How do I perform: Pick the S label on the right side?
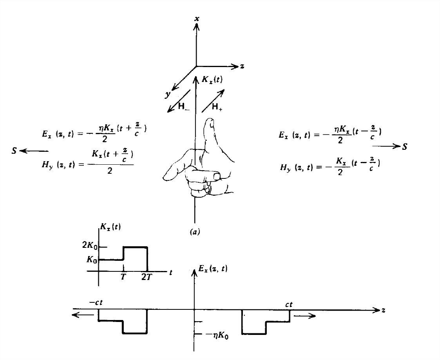[x=404, y=146]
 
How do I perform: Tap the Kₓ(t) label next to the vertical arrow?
[x=212, y=80]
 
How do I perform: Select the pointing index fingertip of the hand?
[x=167, y=176]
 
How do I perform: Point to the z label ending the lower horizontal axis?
[x=384, y=310]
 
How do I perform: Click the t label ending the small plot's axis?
[x=171, y=272]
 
